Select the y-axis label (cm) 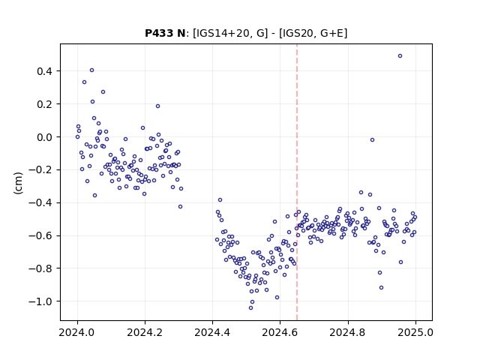(x=18, y=183)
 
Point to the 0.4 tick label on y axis (x=45, y=71)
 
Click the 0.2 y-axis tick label (x=45, y=104)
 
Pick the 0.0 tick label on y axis (x=45, y=137)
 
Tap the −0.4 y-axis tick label (x=40, y=203)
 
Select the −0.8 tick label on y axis (x=40, y=268)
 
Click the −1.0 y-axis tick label (x=40, y=301)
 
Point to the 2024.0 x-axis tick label (x=77, y=332)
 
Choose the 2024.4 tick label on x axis (x=212, y=332)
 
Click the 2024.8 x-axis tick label (x=348, y=332)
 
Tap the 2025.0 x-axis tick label (x=415, y=332)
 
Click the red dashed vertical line (x=297, y=182)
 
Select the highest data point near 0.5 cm (x=400, y=56)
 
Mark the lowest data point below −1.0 (x=250, y=308)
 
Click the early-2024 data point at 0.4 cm (x=91, y=70)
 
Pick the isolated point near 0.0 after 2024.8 (x=372, y=140)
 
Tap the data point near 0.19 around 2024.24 (x=157, y=106)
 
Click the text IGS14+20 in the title (x=220, y=33)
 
